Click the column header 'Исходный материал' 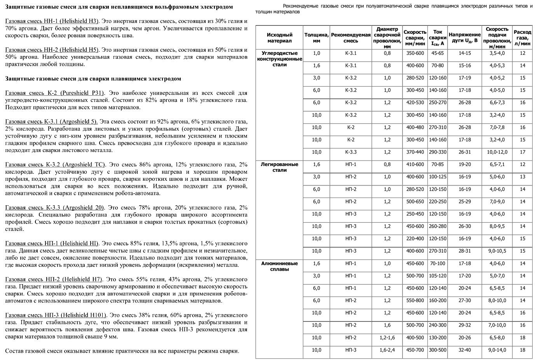(x=279, y=38)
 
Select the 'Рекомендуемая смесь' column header (x=351, y=38)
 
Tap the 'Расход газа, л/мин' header (x=522, y=38)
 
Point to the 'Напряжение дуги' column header (x=465, y=38)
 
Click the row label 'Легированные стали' (x=279, y=167)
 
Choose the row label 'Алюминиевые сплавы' (x=279, y=266)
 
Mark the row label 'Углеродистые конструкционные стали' (x=279, y=59)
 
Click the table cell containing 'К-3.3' (x=351, y=152)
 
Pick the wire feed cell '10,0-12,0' (x=497, y=152)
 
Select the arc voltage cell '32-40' (x=465, y=350)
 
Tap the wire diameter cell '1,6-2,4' (x=387, y=350)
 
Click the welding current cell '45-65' (x=437, y=53)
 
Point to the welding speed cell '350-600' (x=415, y=53)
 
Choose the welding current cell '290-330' (x=437, y=152)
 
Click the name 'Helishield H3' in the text (x=81, y=21)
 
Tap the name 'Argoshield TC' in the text (x=84, y=164)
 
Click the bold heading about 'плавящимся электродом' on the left (x=93, y=79)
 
